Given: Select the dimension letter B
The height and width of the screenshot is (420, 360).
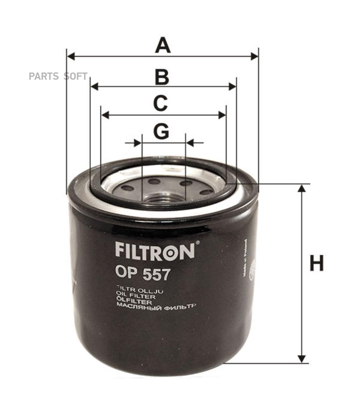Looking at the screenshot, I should click(162, 77).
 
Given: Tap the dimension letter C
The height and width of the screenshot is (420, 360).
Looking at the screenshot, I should click(160, 103).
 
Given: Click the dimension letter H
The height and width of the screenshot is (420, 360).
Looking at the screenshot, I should click(316, 264).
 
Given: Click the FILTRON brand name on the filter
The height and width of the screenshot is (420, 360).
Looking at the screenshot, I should click(155, 250).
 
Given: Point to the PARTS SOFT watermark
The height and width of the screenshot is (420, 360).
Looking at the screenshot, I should click(58, 76).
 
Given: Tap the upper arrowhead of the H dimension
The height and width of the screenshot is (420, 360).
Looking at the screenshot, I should click(302, 188).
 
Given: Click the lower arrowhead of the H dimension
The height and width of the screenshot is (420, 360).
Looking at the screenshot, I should click(302, 359).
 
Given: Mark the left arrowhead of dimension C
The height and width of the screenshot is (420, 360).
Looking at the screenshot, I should click(105, 115).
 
